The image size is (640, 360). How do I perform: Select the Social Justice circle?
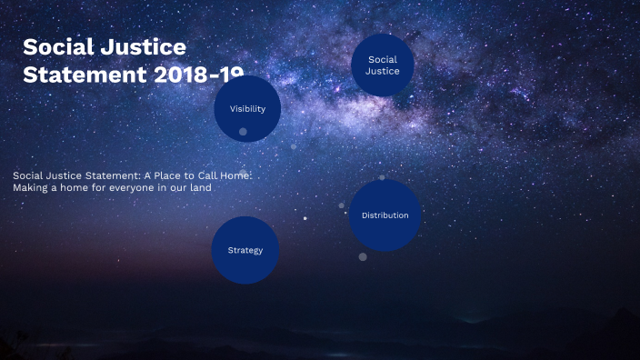click(x=383, y=65)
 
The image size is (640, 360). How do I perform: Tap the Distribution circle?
click(x=385, y=215)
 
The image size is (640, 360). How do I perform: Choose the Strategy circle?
click(x=245, y=250)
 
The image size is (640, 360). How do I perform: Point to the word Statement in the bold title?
click(x=83, y=75)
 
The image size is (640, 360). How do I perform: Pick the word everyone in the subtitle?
click(x=136, y=187)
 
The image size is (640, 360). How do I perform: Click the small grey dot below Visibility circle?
click(x=243, y=132)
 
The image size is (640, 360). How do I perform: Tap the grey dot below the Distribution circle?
click(x=363, y=256)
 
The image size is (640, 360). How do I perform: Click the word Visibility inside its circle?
click(x=247, y=109)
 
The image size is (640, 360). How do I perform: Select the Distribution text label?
click(x=385, y=215)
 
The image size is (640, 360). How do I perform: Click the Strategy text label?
click(x=245, y=250)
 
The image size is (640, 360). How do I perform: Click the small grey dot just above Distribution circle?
click(x=382, y=177)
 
